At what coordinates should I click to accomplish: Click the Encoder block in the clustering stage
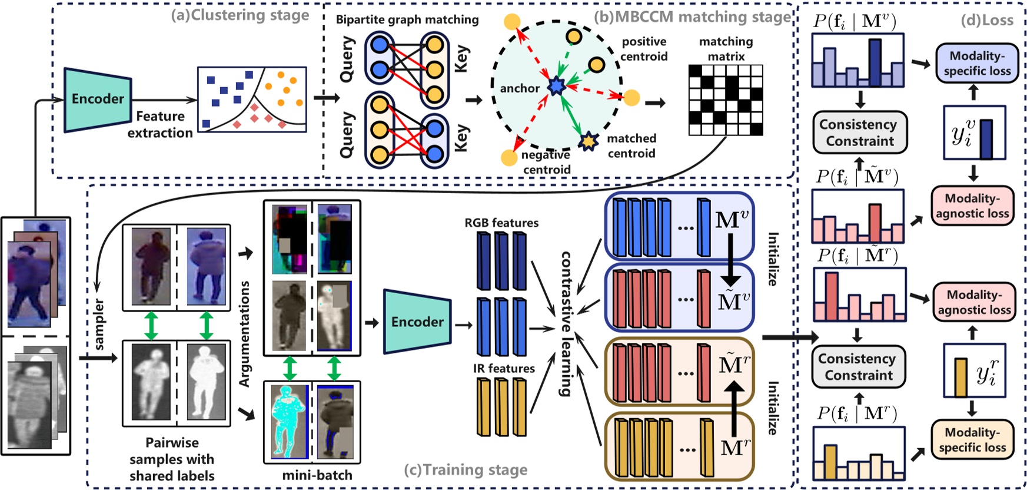tap(98, 99)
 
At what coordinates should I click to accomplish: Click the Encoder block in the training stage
tap(417, 322)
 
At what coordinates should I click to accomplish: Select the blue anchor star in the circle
tap(556, 87)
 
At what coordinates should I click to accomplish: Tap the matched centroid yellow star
tap(588, 141)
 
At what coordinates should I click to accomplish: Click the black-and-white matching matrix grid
tap(726, 100)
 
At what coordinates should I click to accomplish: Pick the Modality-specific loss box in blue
tap(977, 63)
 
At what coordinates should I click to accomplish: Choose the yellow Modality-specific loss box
tap(972, 439)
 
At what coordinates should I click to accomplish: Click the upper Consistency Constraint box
tap(859, 133)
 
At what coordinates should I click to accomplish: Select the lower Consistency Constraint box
tap(858, 367)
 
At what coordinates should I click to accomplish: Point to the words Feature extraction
tap(160, 124)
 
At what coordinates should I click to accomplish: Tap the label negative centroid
tap(546, 162)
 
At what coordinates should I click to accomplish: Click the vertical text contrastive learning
tap(566, 323)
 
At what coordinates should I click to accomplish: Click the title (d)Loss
tap(987, 20)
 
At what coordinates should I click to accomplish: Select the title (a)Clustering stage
tap(240, 15)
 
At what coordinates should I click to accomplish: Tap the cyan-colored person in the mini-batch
tap(289, 422)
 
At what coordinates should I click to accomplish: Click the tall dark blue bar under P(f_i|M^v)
tap(875, 62)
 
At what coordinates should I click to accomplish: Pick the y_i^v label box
tap(974, 133)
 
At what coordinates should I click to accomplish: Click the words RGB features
tap(501, 223)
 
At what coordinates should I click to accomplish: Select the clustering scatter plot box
tap(252, 100)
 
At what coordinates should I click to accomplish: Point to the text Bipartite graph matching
tap(407, 19)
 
